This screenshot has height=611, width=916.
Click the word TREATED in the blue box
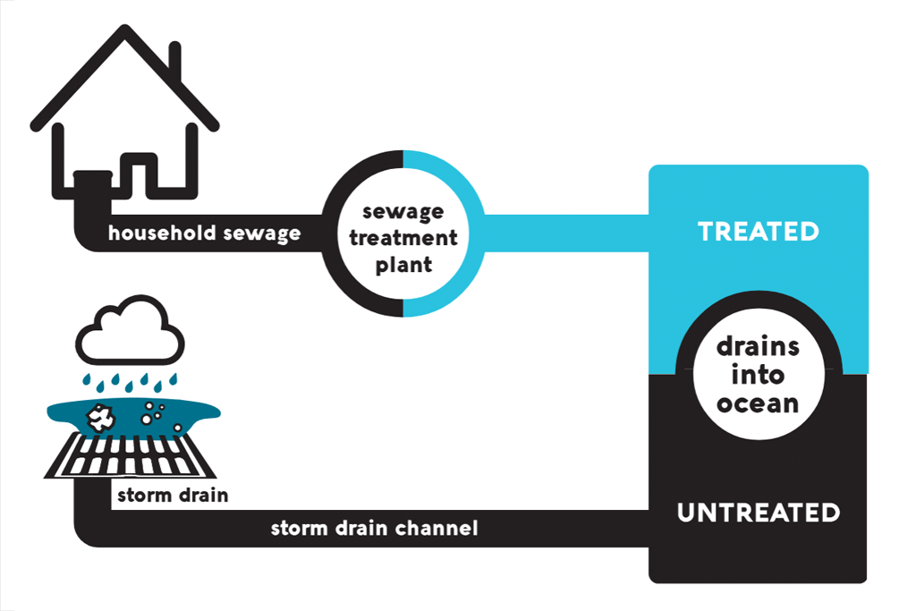[758, 232]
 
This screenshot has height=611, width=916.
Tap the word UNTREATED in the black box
[758, 513]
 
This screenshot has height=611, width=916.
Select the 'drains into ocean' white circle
[758, 375]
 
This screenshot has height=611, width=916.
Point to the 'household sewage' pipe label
[204, 234]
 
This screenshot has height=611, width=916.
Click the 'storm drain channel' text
[374, 528]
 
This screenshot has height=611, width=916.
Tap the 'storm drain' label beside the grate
[170, 495]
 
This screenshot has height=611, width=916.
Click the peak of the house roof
[124, 32]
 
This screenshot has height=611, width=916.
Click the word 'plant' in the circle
[403, 265]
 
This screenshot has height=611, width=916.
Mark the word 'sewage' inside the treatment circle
[403, 213]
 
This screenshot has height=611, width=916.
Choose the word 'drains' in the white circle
[758, 347]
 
